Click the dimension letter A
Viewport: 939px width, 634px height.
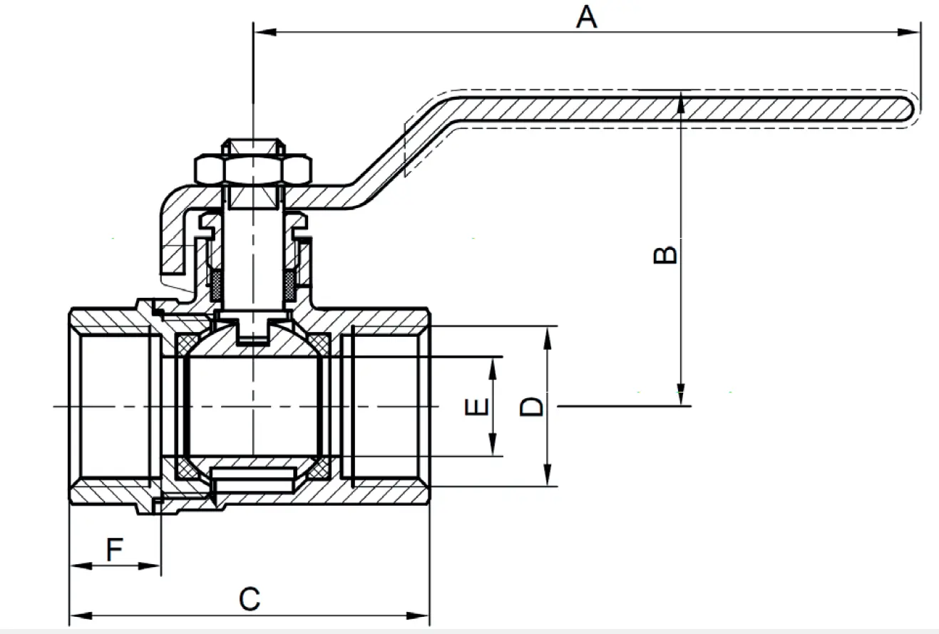point(586,17)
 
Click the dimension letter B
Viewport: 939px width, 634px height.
point(665,254)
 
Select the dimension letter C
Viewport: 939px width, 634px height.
point(249,599)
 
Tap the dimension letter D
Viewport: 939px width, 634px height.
point(531,407)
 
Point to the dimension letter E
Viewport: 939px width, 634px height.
point(476,407)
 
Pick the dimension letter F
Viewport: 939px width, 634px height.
point(115,550)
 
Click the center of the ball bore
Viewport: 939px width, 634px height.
point(254,406)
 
